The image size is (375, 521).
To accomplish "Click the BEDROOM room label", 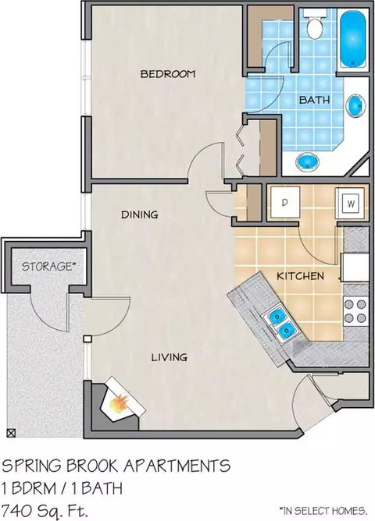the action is (168, 74).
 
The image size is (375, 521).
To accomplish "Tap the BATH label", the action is (314, 100).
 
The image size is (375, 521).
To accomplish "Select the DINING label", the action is (139, 214).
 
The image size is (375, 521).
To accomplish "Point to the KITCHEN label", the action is (300, 276).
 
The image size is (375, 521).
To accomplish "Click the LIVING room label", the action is (169, 357).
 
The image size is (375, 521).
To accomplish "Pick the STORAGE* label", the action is (47, 267).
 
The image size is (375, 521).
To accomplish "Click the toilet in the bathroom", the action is (314, 23).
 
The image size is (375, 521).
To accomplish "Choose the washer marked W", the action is (352, 203).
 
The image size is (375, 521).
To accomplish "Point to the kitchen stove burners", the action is (355, 310).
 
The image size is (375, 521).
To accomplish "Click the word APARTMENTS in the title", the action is (177, 466).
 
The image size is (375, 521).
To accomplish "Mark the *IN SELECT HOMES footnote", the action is (323, 510).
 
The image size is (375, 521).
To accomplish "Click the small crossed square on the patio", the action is (11, 433).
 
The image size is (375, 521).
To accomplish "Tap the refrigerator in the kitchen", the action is (355, 268).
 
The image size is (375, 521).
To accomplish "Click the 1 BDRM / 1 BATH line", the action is (62, 488).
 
